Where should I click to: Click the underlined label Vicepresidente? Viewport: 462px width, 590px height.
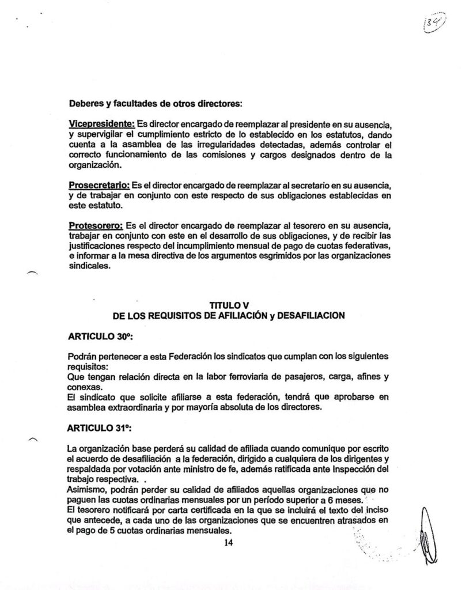click(x=101, y=124)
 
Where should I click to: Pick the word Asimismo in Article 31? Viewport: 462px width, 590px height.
click(x=85, y=489)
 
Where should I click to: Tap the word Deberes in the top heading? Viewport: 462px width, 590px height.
click(x=87, y=104)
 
